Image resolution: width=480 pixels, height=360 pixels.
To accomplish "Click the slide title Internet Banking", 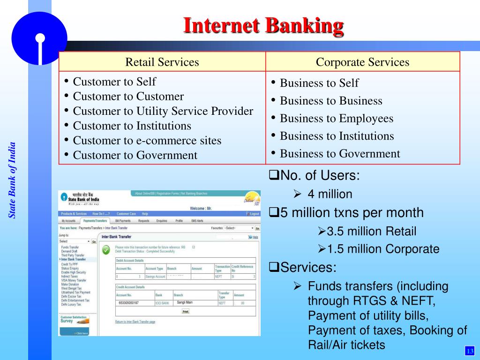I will pos(263,26).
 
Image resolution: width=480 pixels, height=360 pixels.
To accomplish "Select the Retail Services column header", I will pos(162,62).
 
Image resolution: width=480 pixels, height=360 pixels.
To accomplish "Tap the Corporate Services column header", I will pos(362,62).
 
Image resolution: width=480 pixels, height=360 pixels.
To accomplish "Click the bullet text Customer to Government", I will pos(135,155).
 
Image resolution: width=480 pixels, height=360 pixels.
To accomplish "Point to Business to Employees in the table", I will pos(336,119).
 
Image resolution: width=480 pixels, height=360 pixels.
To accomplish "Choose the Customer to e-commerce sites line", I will pos(147,141).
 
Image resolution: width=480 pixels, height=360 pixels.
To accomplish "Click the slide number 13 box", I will pos(469,351).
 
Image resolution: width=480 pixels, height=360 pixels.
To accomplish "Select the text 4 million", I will pos(330,194).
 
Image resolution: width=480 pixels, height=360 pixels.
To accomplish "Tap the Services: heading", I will pos(306,268).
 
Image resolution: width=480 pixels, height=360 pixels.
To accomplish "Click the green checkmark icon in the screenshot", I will pos(106,250).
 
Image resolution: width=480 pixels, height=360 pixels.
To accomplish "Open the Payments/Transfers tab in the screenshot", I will pos(95,220).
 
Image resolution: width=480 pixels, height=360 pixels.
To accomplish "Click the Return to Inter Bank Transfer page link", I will pos(135,322).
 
